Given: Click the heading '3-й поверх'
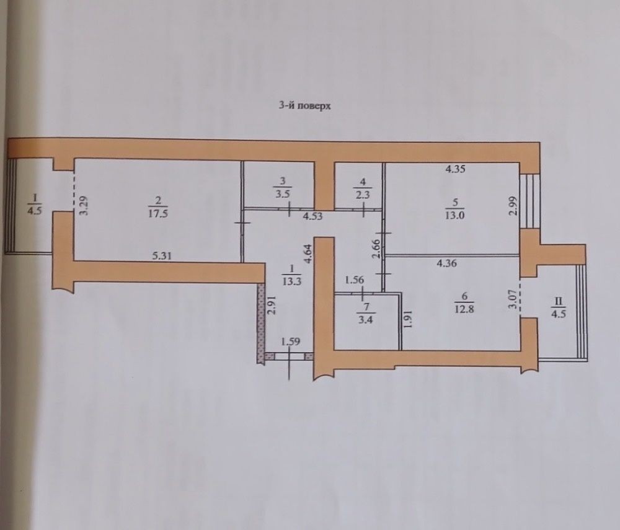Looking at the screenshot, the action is [304, 106].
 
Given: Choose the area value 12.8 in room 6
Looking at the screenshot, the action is [464, 309].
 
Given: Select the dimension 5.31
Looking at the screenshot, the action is [161, 256].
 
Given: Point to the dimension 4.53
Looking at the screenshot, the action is [314, 216].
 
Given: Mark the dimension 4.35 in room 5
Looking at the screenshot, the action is [455, 169].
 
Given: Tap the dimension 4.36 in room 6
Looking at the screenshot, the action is [447, 263].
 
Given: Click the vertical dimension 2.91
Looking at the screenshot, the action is [272, 305].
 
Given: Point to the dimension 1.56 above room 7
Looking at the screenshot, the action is [354, 280].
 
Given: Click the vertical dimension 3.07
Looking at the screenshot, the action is [513, 299].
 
